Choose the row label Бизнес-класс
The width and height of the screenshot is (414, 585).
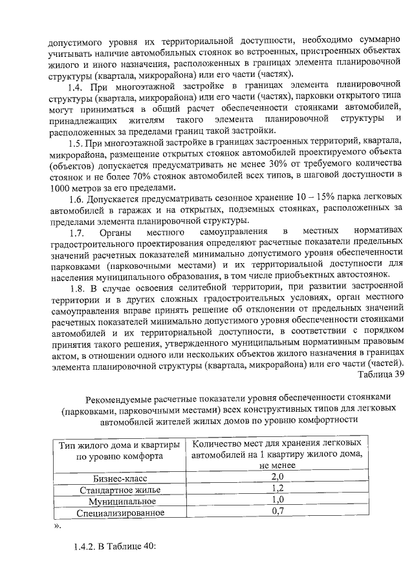point(119,478)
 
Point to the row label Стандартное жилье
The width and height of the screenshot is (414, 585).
point(119,490)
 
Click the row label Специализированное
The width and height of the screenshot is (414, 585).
point(119,513)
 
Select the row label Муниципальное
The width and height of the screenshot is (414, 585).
point(119,502)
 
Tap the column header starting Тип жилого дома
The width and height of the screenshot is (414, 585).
point(119,449)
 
